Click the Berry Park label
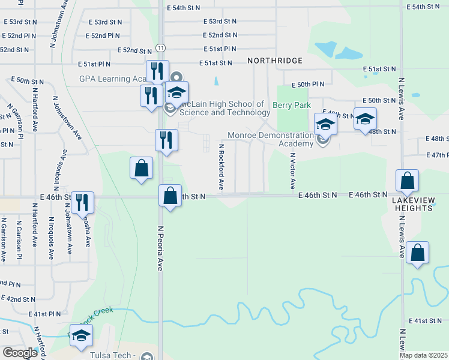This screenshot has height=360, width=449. pyautogui.click(x=292, y=105)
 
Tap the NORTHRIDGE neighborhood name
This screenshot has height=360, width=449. pyautogui.click(x=274, y=61)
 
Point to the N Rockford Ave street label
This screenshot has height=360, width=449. pyautogui.click(x=221, y=167)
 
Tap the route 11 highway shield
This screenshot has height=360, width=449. pyautogui.click(x=160, y=47)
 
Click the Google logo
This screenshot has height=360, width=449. pyautogui.click(x=19, y=353)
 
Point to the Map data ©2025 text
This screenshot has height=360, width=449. pyautogui.click(x=423, y=355)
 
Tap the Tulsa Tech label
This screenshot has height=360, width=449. pyautogui.click(x=110, y=355)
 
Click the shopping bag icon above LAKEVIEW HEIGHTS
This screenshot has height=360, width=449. pyautogui.click(x=407, y=181)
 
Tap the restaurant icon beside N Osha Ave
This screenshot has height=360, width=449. pyautogui.click(x=82, y=202)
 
